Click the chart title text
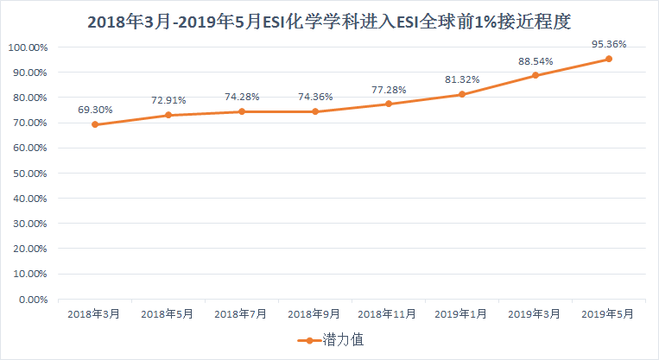[x=329, y=22]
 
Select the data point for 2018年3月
[x=94, y=124]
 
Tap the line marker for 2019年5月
[x=609, y=59]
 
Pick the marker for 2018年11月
[x=389, y=104]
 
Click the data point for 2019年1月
[x=462, y=94]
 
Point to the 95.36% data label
[x=609, y=43]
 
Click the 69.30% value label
[x=95, y=110]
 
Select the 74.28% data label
[x=242, y=97]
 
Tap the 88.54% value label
[x=535, y=60]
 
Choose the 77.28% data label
[x=389, y=89]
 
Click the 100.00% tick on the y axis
[x=28, y=47]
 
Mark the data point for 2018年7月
[x=242, y=111]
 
